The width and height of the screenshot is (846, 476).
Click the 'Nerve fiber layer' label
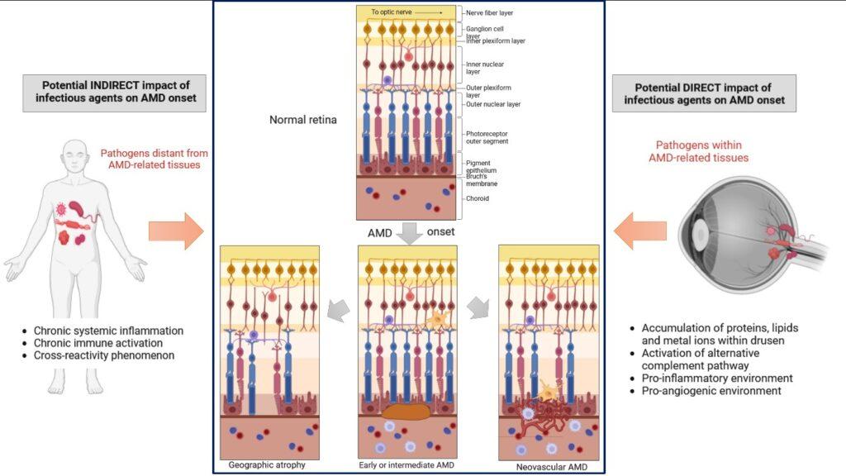[x=489, y=12]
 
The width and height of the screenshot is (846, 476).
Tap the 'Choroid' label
[x=478, y=198]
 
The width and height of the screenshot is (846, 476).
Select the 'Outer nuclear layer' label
[x=493, y=104]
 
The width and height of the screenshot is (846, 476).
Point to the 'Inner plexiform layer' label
[x=496, y=40]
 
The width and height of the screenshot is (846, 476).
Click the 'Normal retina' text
[x=302, y=119]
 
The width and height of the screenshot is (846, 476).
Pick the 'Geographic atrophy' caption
[x=267, y=464]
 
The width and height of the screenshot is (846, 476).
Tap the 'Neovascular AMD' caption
[x=551, y=467]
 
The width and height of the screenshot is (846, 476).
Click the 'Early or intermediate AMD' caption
[x=406, y=464]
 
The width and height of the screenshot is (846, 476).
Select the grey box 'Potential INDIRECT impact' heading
[x=114, y=93]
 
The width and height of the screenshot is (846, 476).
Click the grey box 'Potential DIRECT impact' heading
[x=704, y=93]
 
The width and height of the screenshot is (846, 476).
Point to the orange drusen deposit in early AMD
[x=406, y=412]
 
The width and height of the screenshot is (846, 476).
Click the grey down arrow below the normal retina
[x=410, y=233]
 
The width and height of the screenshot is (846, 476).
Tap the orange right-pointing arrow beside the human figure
[x=177, y=231]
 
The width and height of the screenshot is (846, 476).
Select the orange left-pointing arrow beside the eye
[x=640, y=231]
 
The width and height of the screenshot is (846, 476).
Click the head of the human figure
[x=75, y=157]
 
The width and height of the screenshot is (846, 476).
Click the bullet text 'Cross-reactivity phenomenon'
[x=103, y=355]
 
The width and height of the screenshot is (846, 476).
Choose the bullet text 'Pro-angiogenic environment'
[x=711, y=390]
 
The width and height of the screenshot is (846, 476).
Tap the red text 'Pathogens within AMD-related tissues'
[x=699, y=151]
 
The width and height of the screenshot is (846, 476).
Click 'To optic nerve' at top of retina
[x=391, y=12]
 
